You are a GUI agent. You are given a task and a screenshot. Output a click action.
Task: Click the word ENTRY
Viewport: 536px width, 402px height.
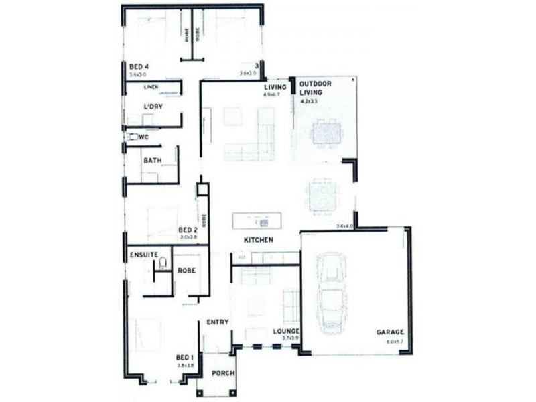tap(218, 322)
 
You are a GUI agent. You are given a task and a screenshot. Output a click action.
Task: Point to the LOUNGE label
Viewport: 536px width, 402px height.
tap(286, 332)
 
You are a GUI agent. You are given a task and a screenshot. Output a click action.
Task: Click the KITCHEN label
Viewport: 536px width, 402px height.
tap(258, 240)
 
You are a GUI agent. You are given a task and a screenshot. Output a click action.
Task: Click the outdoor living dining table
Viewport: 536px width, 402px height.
tap(326, 133)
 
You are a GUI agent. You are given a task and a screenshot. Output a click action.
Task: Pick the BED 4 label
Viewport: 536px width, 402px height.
tap(138, 66)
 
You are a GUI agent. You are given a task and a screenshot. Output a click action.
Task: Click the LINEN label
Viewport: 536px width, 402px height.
tap(151, 87)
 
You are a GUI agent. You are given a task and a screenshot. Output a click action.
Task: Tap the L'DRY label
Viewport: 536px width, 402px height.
tap(153, 107)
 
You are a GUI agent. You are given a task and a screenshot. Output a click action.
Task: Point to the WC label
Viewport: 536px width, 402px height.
tap(143, 137)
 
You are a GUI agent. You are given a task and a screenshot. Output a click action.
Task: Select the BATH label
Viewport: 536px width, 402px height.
tap(152, 160)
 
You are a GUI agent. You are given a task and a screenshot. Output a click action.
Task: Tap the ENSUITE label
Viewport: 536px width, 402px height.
tap(144, 255)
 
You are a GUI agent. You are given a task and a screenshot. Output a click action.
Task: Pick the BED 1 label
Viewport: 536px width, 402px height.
tap(184, 357)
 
